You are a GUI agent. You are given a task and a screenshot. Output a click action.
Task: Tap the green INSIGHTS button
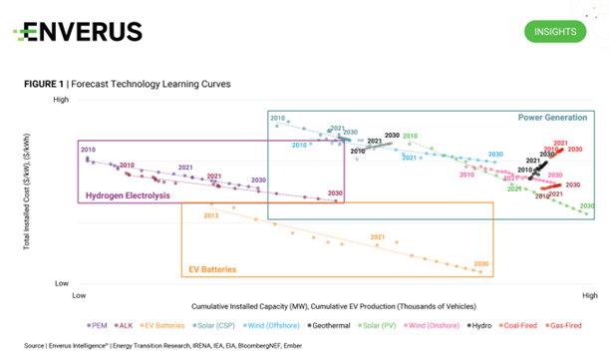coord(554,31)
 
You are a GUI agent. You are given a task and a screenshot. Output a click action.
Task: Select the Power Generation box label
coord(552,118)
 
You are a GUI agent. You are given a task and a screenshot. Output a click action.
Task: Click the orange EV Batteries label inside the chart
coord(217,270)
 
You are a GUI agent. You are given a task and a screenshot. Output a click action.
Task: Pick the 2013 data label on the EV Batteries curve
coord(210,215)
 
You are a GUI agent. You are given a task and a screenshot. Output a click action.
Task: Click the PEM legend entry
coord(98,324)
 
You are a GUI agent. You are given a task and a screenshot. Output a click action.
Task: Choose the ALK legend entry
coord(126,324)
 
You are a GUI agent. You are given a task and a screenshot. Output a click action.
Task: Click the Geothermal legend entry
coord(337,324)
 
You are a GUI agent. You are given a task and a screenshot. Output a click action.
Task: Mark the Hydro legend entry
coord(481,324)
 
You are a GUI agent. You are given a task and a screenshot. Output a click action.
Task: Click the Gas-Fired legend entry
coord(572,324)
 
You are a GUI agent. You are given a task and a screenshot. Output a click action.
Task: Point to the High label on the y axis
coord(60,100)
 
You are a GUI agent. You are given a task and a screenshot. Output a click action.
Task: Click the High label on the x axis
coord(589,295)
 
